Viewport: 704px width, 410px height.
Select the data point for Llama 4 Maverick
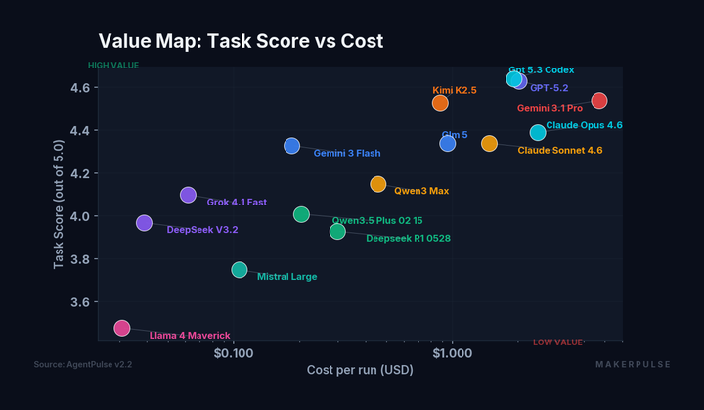[121, 328]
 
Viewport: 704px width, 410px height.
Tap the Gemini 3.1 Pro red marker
[599, 101]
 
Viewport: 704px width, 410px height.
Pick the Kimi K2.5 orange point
[440, 103]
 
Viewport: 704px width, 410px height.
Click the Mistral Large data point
[240, 269]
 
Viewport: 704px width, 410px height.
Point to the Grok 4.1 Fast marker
[188, 195]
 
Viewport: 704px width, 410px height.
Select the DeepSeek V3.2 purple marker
[144, 223]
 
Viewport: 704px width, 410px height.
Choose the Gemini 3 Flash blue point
[291, 146]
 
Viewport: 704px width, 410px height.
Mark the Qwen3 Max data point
[378, 184]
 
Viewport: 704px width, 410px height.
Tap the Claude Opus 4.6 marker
[538, 132]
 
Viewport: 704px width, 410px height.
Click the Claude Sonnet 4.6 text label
[559, 151]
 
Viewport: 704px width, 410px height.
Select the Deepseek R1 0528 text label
[408, 238]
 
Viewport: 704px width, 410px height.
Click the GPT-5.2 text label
[549, 88]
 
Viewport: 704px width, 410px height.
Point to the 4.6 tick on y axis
[79, 88]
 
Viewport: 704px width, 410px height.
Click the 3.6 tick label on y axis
[79, 302]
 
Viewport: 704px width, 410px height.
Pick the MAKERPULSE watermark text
[633, 364]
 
